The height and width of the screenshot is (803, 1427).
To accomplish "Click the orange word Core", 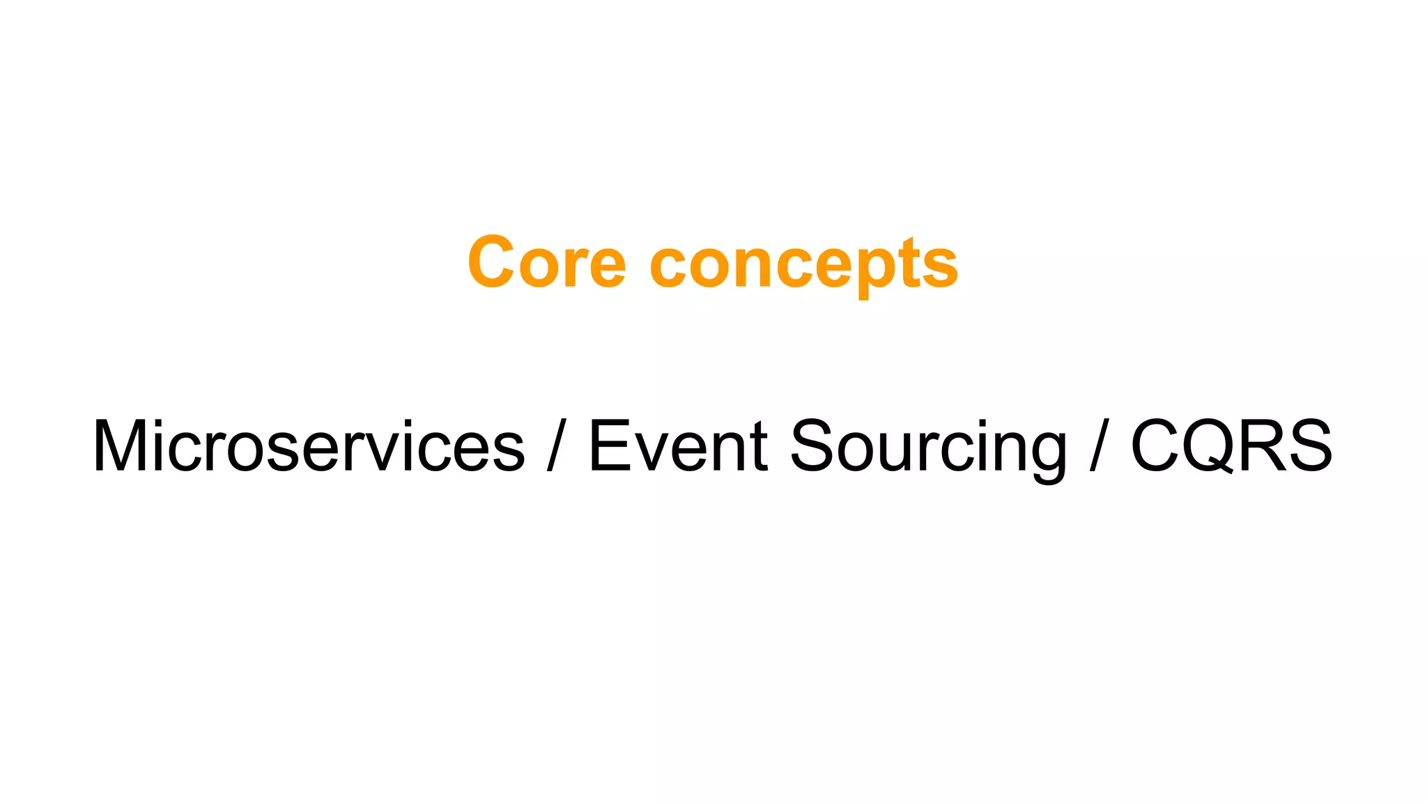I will click(547, 263).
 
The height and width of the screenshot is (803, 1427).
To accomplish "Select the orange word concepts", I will click(803, 265).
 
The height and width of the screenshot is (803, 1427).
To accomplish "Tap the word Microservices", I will click(308, 446).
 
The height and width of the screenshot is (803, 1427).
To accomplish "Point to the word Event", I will click(677, 446).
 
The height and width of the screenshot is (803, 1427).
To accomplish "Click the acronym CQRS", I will click(1231, 446).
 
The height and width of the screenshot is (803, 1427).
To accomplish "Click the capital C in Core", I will click(491, 262).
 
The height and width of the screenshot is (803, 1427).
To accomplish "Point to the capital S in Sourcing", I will click(811, 446).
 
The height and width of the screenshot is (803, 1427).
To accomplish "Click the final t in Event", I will click(758, 446).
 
